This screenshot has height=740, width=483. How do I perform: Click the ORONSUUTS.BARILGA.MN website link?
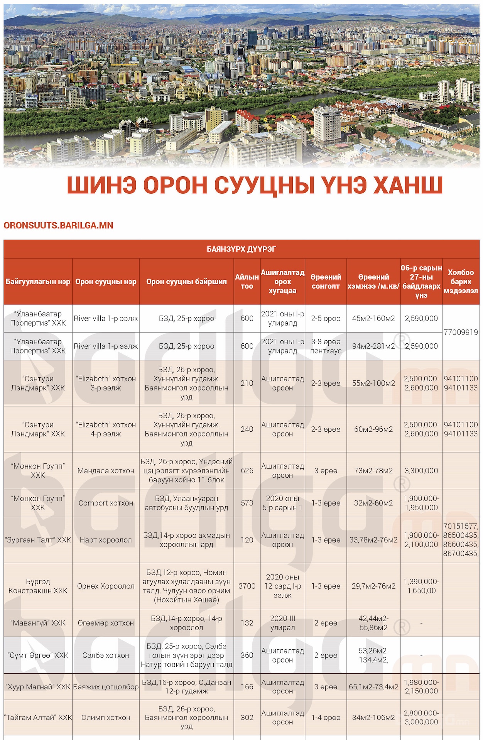pyautogui.click(x=58, y=225)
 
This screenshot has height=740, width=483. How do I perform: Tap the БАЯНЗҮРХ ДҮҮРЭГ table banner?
pyautogui.click(x=241, y=249)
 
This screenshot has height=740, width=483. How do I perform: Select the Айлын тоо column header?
pyautogui.click(x=247, y=282)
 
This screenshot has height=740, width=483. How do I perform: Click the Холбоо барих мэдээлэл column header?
pyautogui.click(x=461, y=282)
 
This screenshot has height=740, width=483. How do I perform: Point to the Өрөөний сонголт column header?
pyautogui.click(x=326, y=282)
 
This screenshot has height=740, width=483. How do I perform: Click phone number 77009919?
pyautogui.click(x=461, y=332)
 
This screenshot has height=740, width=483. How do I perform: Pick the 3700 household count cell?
pyautogui.click(x=247, y=586)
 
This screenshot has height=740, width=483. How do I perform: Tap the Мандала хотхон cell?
pyautogui.click(x=106, y=471)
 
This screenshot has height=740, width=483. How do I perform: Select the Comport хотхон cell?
pyautogui.click(x=106, y=503)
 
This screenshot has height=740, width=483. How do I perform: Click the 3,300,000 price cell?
pyautogui.click(x=421, y=471)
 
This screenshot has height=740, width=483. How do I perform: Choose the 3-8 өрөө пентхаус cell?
pyautogui.click(x=326, y=346)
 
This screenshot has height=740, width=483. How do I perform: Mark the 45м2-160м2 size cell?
pyautogui.click(x=373, y=318)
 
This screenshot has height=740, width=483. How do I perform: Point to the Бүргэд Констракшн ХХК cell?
pyautogui.click(x=38, y=586)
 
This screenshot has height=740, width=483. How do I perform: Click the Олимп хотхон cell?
pyautogui.click(x=106, y=718)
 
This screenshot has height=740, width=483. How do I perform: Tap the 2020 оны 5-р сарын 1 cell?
pyautogui.click(x=282, y=503)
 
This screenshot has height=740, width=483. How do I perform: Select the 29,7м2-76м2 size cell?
pyautogui.click(x=373, y=586)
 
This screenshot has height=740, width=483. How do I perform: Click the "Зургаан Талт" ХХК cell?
pyautogui.click(x=38, y=540)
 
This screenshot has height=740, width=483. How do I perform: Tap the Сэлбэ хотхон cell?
pyautogui.click(x=106, y=655)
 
